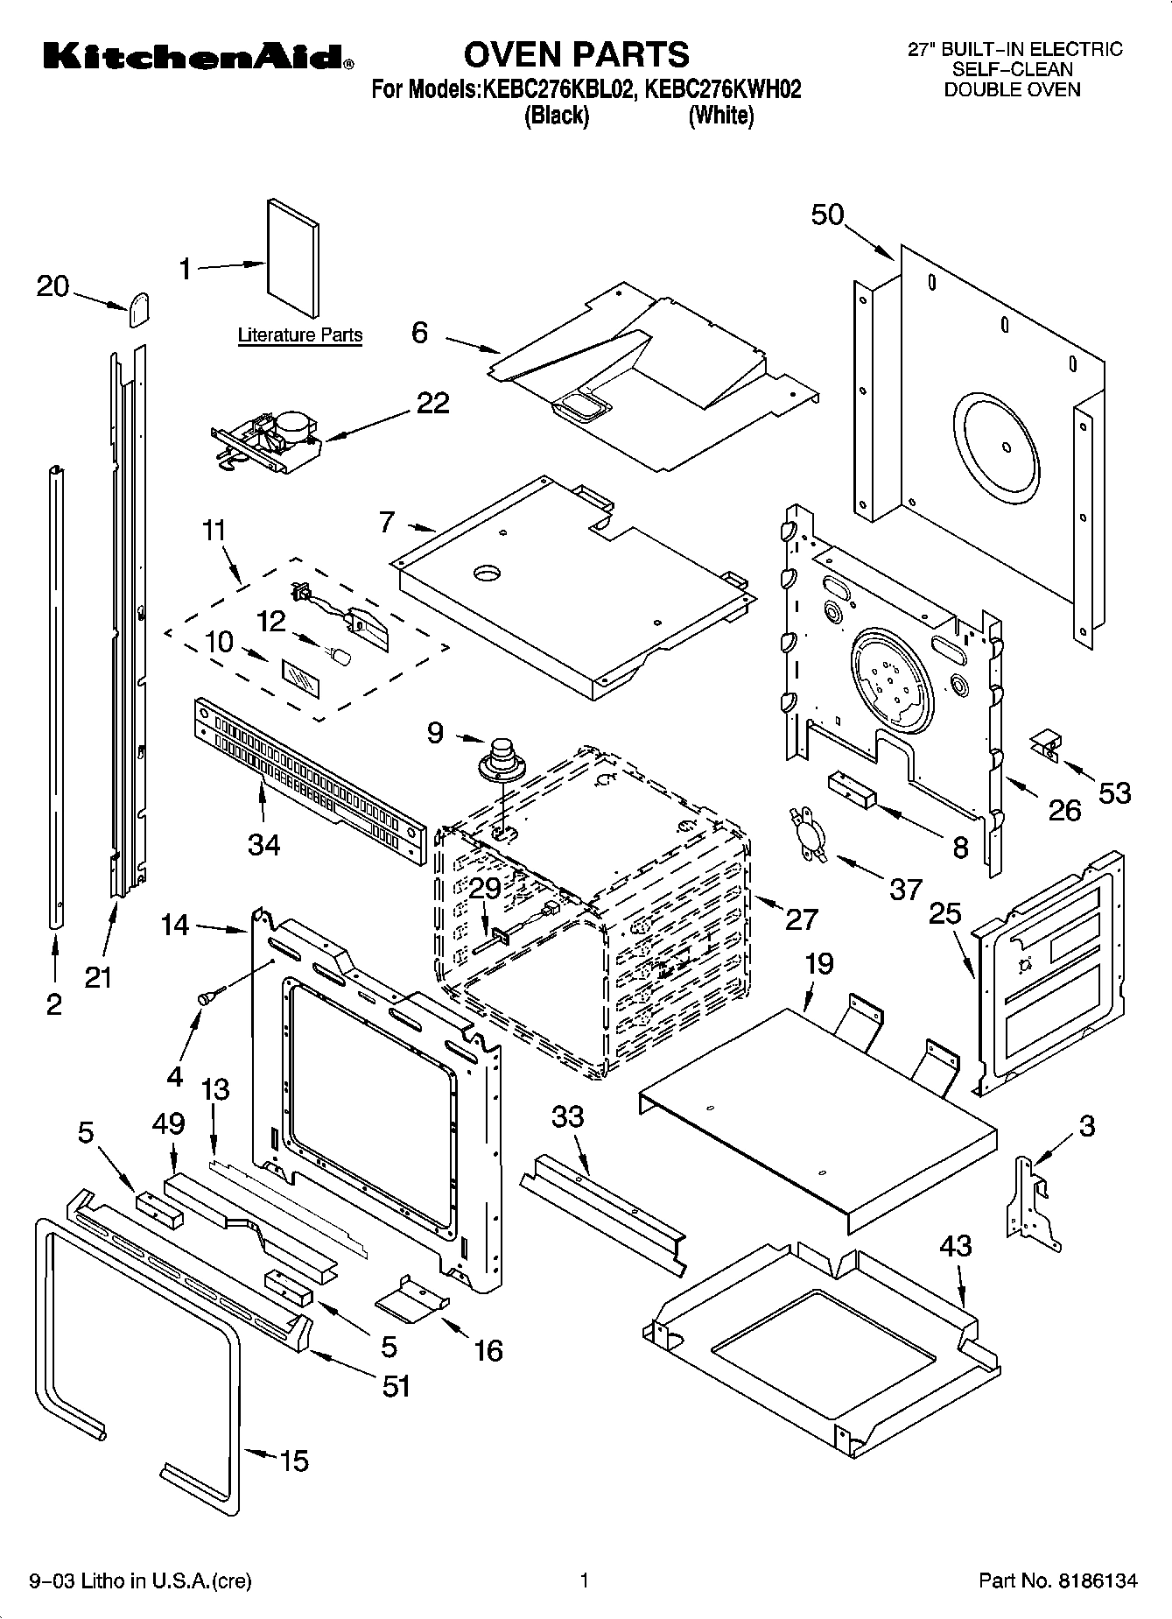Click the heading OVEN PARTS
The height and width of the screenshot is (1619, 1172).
(x=576, y=54)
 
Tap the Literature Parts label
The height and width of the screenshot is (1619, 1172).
(x=300, y=334)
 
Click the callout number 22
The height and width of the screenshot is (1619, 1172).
(x=432, y=403)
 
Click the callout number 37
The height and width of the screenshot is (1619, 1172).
(x=905, y=890)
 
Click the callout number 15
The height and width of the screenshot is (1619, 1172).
(x=293, y=1461)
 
